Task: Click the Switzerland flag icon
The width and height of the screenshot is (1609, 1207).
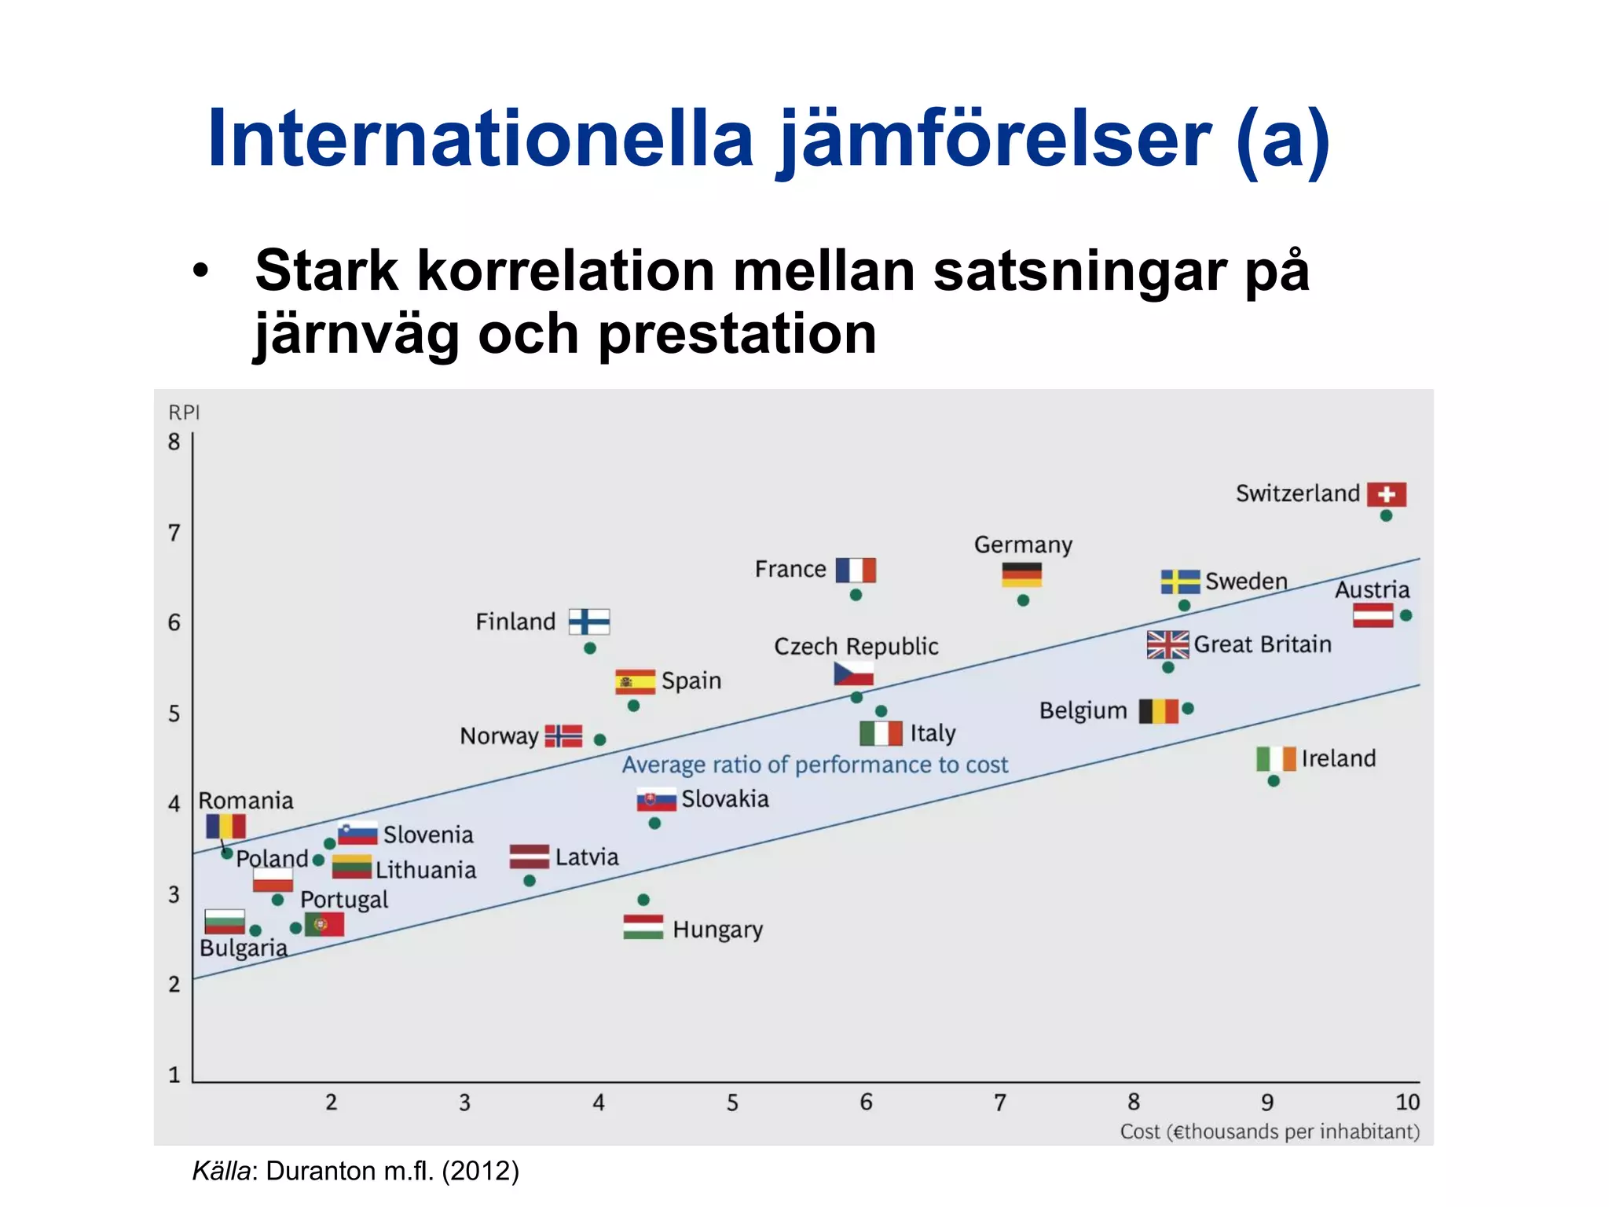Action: pos(1386,494)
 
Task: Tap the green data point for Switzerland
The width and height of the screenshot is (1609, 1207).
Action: pos(1386,516)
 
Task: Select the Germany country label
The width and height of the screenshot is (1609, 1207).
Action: pos(1023,545)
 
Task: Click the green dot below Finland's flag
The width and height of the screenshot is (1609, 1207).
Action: pos(590,648)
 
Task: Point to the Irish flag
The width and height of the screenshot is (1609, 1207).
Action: pos(1276,759)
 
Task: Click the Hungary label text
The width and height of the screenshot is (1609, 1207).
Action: pos(717,930)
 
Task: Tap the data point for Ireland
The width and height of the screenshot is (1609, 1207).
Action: pos(1274,781)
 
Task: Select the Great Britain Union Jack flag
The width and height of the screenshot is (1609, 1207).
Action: pos(1167,645)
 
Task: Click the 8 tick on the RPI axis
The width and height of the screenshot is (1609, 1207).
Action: pos(174,442)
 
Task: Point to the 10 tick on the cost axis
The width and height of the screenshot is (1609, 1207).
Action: pos(1407,1102)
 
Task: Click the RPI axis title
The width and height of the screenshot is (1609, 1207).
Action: pos(185,413)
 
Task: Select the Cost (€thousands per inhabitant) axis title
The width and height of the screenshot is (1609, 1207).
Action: pos(1270,1132)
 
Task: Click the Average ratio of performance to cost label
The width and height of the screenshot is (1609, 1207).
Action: pos(815,765)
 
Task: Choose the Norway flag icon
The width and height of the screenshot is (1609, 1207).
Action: pos(563,736)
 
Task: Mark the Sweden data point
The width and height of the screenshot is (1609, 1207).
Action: pos(1184,606)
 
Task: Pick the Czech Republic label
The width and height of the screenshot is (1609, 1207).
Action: pos(856,647)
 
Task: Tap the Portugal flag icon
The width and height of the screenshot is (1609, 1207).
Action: pos(324,925)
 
